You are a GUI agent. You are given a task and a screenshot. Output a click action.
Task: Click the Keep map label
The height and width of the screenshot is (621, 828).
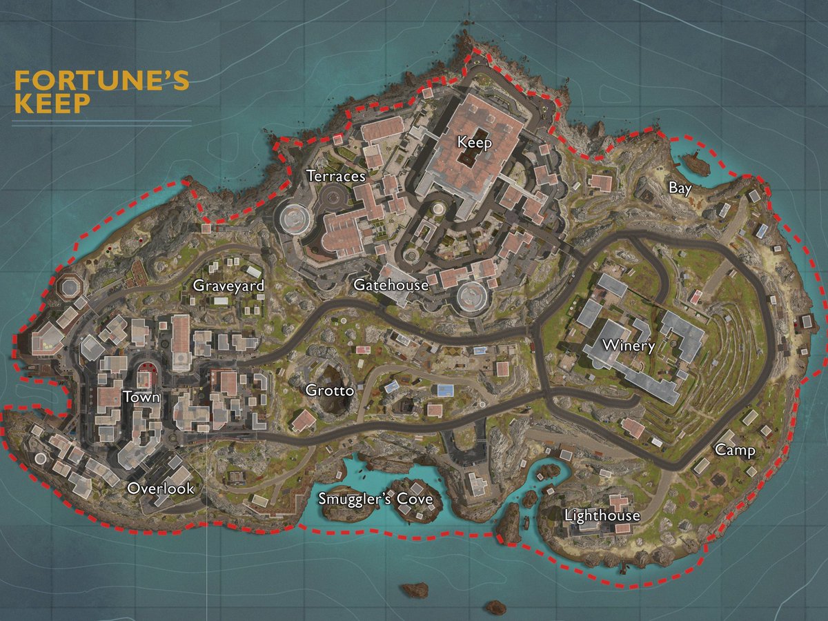(x=475, y=143)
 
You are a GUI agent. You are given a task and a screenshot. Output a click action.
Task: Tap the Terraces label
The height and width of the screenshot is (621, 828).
(x=335, y=177)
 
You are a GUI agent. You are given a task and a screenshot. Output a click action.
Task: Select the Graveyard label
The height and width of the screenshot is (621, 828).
(x=228, y=286)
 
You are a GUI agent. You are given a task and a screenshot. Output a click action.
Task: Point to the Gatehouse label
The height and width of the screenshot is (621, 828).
(x=391, y=284)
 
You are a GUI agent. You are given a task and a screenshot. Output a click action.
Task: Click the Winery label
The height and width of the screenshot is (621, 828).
(x=628, y=346)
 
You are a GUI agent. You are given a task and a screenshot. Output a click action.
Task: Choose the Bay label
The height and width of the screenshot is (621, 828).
(x=680, y=188)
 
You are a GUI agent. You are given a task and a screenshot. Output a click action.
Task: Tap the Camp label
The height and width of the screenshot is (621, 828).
(x=734, y=451)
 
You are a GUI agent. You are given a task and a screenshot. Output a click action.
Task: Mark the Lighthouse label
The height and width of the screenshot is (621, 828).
(x=602, y=516)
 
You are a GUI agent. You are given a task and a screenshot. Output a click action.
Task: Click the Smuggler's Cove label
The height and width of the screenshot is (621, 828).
(x=375, y=499)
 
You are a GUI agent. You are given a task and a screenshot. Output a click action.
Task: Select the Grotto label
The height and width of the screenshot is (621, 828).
(x=329, y=391)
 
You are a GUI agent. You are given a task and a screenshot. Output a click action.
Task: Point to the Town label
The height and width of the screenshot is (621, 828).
(x=141, y=397)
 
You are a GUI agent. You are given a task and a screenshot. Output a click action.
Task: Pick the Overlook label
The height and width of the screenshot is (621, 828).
(x=161, y=489)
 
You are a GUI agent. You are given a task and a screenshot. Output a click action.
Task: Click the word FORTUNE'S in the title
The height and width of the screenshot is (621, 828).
(x=101, y=81)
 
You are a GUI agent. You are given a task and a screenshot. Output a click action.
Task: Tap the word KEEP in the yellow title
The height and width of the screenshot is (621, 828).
(x=52, y=103)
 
